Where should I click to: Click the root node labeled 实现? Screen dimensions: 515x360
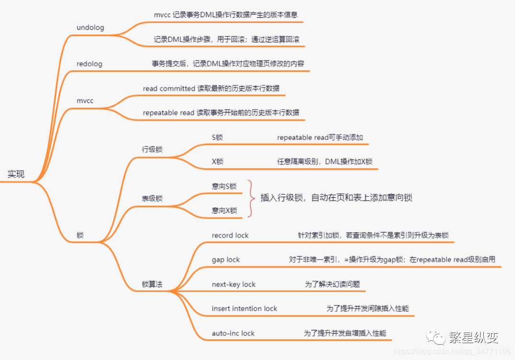16,174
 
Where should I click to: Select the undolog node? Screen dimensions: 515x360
90,27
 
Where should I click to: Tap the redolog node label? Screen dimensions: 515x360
90,64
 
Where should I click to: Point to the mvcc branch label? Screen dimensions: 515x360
85,101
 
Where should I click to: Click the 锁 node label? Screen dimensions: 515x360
80,236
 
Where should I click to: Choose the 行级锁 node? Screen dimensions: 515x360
152,149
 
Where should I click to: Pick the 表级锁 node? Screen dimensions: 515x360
152,198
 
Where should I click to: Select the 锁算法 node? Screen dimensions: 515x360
152,284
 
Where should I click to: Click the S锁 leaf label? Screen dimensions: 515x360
217,137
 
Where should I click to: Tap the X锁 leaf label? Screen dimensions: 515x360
217,162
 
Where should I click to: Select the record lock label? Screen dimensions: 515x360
230,235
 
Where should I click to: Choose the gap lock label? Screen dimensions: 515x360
226,259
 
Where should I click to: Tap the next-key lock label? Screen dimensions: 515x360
234,284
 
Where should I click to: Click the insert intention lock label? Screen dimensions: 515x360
244,309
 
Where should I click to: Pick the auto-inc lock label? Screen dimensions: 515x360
233,333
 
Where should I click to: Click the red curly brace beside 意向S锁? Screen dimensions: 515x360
250,198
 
